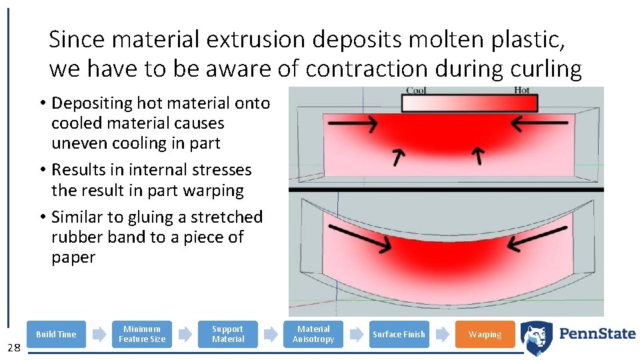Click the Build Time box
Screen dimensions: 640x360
(56, 334)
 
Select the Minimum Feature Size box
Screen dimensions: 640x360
(142, 334)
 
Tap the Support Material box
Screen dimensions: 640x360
(228, 334)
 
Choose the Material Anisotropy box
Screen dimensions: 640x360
(313, 334)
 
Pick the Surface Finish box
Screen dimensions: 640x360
(399, 334)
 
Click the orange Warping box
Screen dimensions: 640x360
(485, 334)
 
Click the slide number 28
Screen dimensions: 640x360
(14, 347)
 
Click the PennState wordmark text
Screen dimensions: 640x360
(597, 334)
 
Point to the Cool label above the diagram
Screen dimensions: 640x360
(416, 91)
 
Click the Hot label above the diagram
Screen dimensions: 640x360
(521, 91)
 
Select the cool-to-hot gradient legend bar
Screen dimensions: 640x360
(469, 103)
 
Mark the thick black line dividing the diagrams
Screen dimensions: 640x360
(446, 190)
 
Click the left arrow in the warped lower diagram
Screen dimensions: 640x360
(361, 237)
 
